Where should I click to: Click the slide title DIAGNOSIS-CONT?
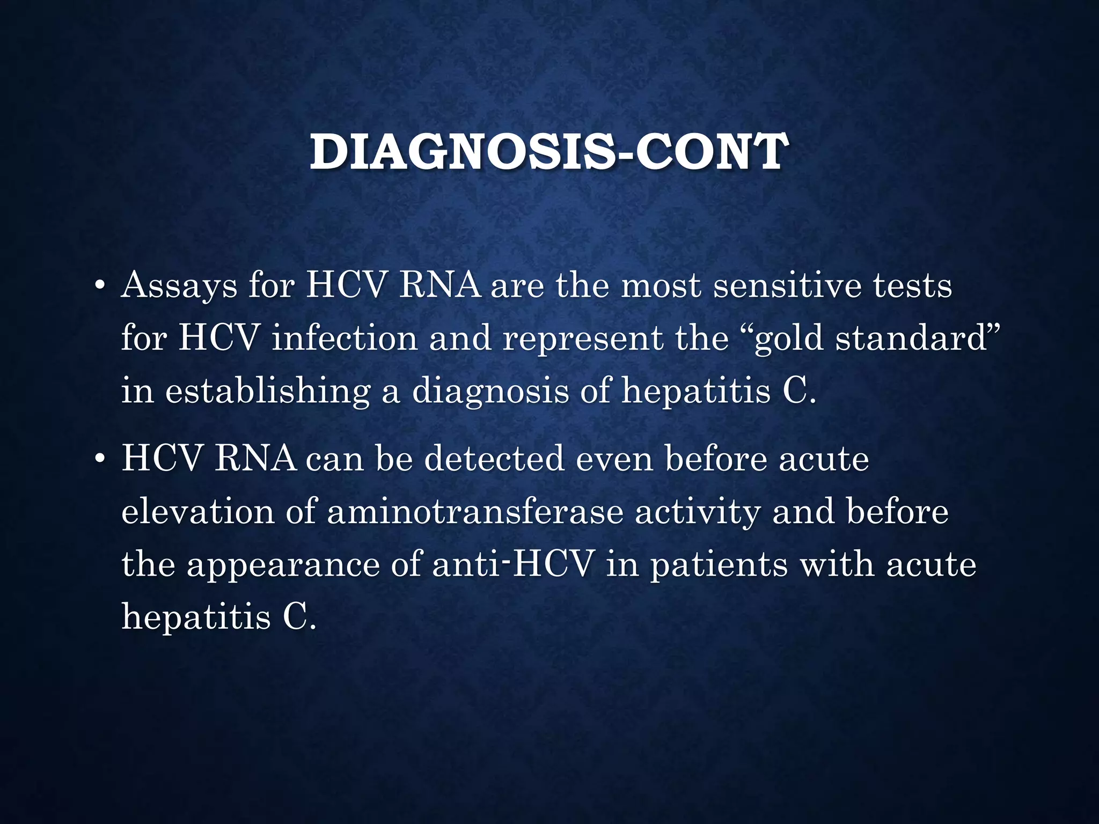548,152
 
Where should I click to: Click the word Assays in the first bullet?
179,285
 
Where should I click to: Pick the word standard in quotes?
912,339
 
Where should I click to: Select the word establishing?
267,391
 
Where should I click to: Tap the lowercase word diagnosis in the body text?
490,391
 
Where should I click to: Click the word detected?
494,459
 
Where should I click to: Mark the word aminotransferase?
475,511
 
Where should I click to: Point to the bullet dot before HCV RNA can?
99,460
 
